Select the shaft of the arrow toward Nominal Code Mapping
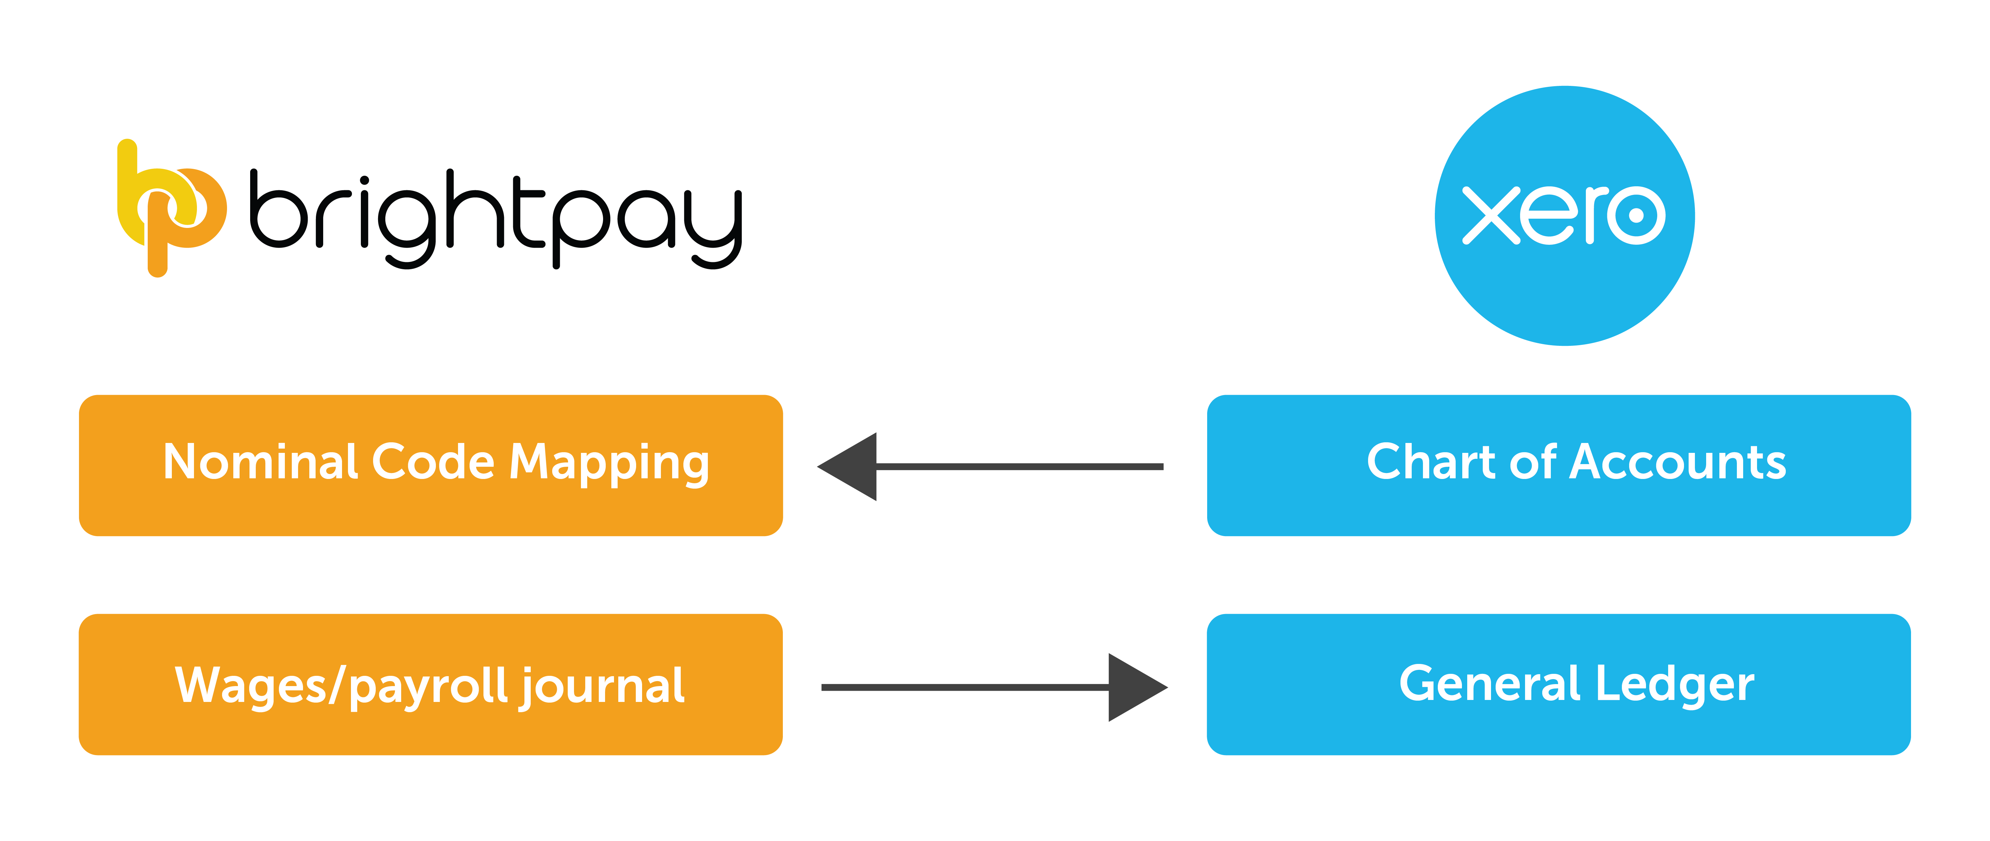pyautogui.click(x=1020, y=466)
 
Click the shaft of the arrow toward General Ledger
pyautogui.click(x=966, y=687)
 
